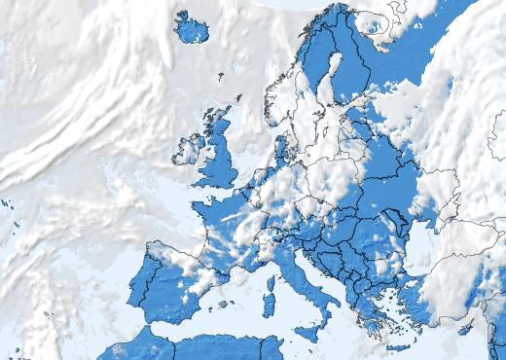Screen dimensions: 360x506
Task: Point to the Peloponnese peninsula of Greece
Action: (x=369, y=322)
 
